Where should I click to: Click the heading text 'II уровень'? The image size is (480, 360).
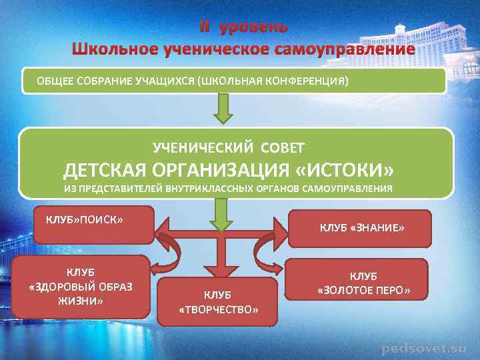point(243,27)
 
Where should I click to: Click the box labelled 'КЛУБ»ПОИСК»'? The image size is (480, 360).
point(93,225)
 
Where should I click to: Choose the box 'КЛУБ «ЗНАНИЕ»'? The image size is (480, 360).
point(361,229)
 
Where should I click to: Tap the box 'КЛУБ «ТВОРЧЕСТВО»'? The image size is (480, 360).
point(218,302)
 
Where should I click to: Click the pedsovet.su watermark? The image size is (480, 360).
point(424,349)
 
